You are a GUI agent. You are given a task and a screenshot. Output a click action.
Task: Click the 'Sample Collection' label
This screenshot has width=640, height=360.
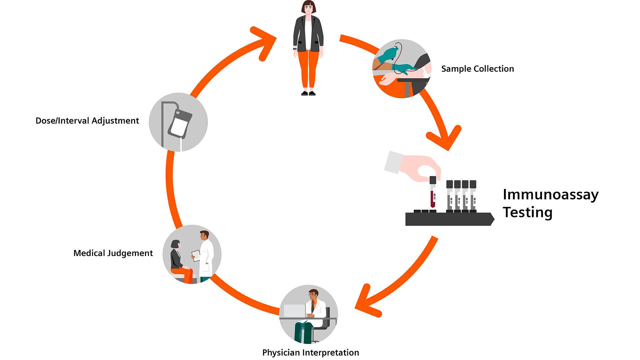477,69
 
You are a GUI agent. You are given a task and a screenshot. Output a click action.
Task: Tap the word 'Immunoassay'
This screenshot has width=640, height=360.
550,195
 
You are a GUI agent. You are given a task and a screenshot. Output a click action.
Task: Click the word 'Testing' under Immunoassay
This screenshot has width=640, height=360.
527,212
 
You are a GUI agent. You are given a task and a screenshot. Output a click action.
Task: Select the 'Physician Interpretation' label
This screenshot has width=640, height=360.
310,352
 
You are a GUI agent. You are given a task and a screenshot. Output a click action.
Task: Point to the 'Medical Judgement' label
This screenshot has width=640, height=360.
113,253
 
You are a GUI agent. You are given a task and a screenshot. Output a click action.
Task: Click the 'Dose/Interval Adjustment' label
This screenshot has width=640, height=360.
87,121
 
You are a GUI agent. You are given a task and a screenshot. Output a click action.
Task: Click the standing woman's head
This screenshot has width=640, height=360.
309,7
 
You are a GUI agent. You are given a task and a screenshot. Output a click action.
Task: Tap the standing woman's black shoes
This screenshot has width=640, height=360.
308,93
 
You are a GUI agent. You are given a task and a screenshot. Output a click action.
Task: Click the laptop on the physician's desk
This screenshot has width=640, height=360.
294,311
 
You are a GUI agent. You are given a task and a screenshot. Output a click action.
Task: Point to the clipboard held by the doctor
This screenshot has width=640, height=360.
197,256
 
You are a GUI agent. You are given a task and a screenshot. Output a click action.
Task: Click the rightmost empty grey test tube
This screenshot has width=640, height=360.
473,197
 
